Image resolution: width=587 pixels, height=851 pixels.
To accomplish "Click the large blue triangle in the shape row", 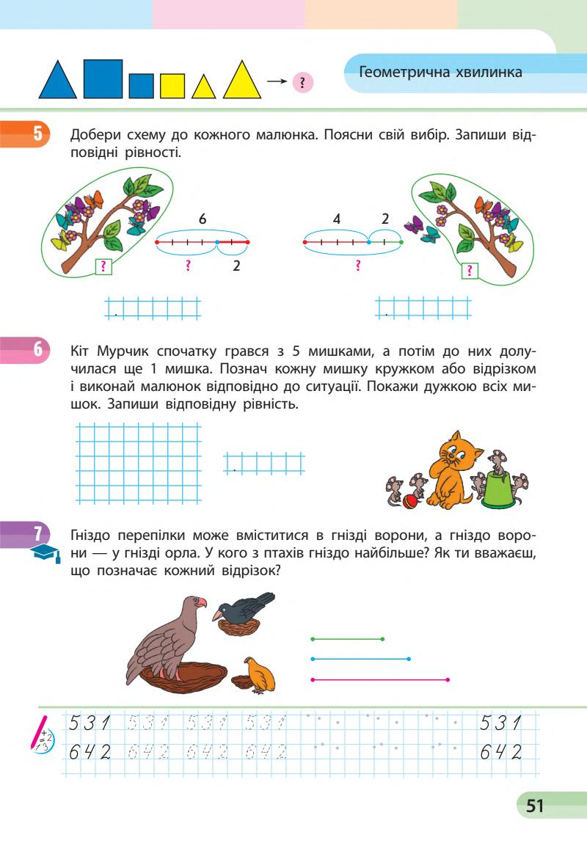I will pos(57,82).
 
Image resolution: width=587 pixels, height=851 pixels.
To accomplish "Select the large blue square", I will pos(103,78).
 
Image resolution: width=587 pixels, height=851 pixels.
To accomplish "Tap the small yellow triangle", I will pos(203,88).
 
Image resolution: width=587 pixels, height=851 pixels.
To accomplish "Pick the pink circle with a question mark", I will pos(302,82).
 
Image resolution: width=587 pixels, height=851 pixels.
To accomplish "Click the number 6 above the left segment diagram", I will pos(203,219).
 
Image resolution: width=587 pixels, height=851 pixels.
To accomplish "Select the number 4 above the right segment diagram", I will pos(336,219).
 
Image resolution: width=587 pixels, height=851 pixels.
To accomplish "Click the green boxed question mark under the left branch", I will pos(105,267).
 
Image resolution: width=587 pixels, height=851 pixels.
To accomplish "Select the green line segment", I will pos(348,639).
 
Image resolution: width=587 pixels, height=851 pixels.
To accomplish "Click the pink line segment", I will pos(380,680).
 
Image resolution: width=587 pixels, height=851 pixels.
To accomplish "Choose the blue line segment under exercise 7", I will pos(360,659).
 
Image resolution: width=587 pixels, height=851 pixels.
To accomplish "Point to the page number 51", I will pos(535,806).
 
